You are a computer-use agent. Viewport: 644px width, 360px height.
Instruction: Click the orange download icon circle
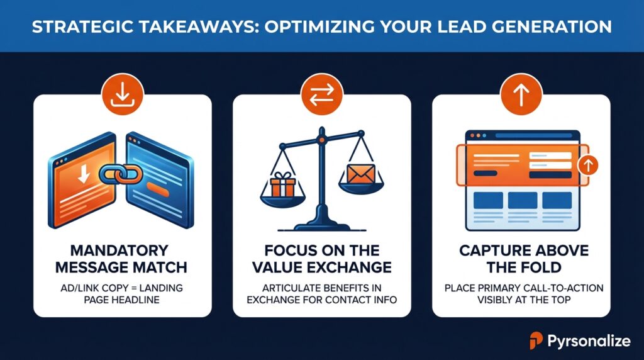coord(123,94)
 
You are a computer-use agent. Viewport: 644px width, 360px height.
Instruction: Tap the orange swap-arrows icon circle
coord(321,94)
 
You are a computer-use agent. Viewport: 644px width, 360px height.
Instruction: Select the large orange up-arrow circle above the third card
coord(521,94)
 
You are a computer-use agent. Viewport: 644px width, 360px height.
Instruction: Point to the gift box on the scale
coord(282,185)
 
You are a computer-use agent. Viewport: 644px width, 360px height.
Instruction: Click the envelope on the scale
coord(360,174)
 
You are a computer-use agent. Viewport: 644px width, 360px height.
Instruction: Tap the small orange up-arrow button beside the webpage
coord(588,165)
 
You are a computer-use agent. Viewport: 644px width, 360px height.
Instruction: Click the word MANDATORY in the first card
coord(119,250)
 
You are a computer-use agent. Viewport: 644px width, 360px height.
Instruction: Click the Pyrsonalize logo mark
coord(536,340)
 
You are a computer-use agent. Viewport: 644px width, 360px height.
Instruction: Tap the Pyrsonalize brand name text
coord(589,340)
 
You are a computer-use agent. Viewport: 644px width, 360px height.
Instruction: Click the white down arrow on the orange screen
coord(84,174)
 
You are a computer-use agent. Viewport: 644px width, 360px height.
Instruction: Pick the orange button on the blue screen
coord(158,189)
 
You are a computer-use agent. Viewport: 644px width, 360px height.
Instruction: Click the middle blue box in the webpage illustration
coord(523,201)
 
